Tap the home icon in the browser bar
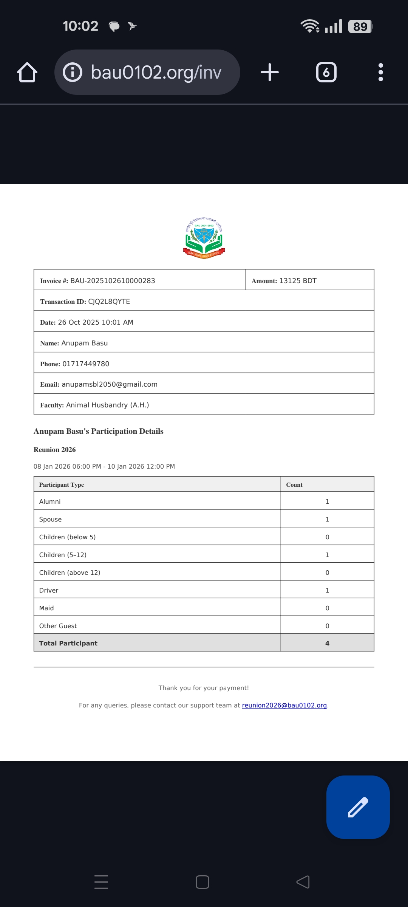[x=27, y=72]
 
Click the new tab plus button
[x=270, y=72]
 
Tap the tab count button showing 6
[x=326, y=72]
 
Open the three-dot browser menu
[x=380, y=72]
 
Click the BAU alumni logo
[x=204, y=238]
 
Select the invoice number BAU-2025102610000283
[x=113, y=281]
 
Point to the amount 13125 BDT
[x=298, y=281]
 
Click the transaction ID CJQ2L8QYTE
[x=109, y=302]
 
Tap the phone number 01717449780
[x=86, y=364]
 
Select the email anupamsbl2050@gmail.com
[x=110, y=384]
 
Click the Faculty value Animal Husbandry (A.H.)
[x=107, y=405]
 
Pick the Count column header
[x=294, y=484]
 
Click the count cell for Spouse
[x=327, y=519]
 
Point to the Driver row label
[x=49, y=590]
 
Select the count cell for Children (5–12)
[x=327, y=555]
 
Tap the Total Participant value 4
[x=327, y=643]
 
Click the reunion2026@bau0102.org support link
[x=284, y=705]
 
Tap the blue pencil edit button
[x=358, y=807]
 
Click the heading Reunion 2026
[x=55, y=450]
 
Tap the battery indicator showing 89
[x=360, y=26]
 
